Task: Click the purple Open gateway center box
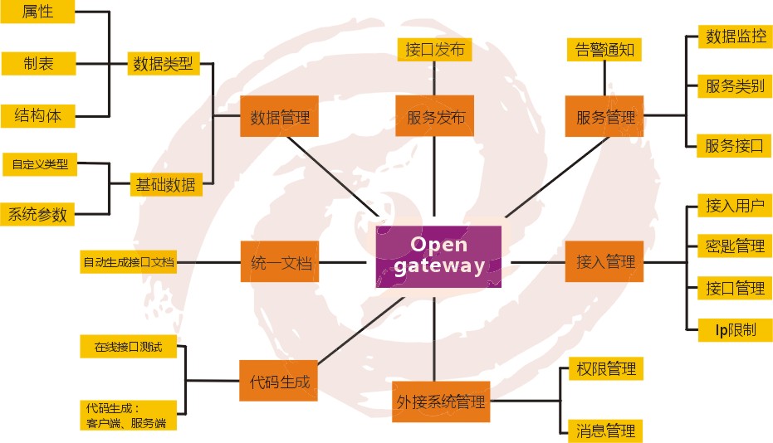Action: (x=438, y=256)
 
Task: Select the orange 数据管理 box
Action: (x=280, y=118)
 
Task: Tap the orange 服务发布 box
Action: (x=435, y=118)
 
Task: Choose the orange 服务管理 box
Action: (x=605, y=118)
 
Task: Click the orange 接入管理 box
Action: (x=605, y=262)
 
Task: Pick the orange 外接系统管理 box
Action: (x=440, y=402)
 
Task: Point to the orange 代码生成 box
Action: (x=279, y=382)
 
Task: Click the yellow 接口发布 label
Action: (x=434, y=49)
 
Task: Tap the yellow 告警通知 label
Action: (x=604, y=50)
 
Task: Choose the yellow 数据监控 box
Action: (x=735, y=37)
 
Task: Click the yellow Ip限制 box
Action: (x=735, y=329)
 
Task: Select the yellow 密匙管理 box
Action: (x=735, y=246)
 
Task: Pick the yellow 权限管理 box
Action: (x=605, y=368)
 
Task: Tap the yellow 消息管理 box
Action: (x=605, y=430)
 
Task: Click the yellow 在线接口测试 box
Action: (x=128, y=347)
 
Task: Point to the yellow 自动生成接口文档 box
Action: (x=129, y=262)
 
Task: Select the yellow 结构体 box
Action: (x=38, y=115)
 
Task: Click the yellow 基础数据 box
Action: (x=164, y=184)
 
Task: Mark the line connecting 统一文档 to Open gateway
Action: (x=341, y=262)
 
